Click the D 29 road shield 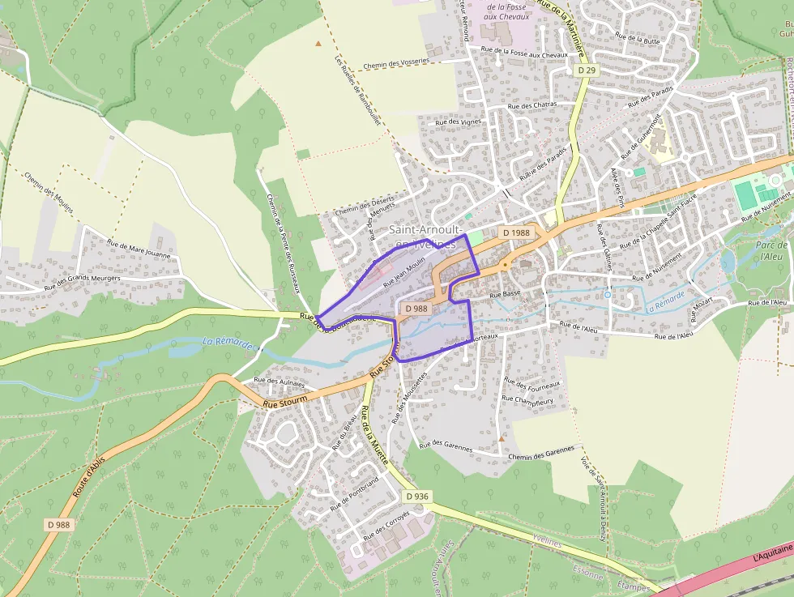[587, 71]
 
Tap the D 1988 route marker [516, 232]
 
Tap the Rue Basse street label [506, 294]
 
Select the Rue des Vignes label [459, 122]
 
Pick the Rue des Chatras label [530, 105]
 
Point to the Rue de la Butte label [638, 37]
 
